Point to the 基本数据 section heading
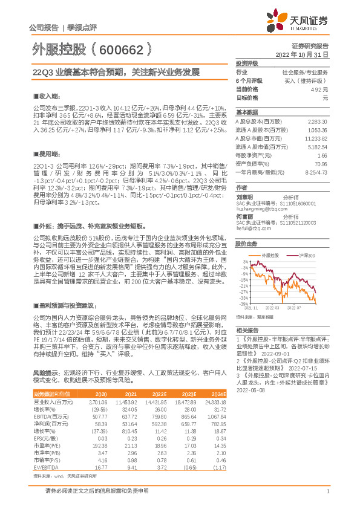[246, 112]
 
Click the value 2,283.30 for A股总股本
[318, 122]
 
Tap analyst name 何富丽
[243, 216]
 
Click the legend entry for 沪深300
[294, 256]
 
